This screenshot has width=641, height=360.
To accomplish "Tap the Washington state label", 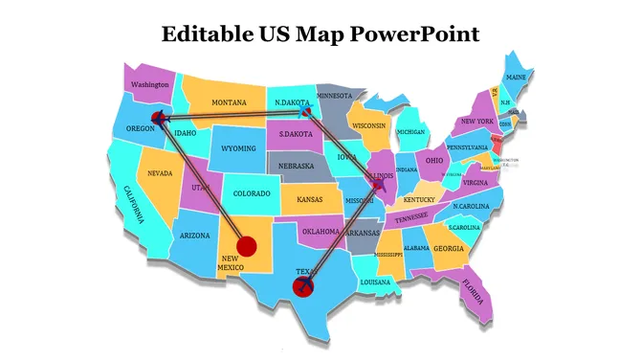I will (150, 84).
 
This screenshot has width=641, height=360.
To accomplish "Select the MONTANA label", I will (229, 102).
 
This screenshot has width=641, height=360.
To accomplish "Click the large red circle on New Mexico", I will (247, 246).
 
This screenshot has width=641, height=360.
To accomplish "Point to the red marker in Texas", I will (304, 285).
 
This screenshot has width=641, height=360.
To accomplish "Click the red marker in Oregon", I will (161, 119).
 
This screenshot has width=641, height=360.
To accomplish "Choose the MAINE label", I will (516, 77).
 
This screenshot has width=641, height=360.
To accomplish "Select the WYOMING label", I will (238, 148).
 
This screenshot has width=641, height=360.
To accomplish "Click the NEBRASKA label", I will (297, 166).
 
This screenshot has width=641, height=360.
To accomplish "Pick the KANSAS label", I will (309, 199).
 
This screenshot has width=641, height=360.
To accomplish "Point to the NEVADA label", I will (160, 173).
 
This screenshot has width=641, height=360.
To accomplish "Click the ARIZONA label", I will (194, 236).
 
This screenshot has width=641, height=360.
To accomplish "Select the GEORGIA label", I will (449, 249).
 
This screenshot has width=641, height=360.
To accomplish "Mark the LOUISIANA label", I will (375, 282).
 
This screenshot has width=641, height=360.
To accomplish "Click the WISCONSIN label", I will (368, 125).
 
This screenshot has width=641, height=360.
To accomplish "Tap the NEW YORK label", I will (476, 122).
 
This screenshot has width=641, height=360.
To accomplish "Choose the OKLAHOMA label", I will (320, 231).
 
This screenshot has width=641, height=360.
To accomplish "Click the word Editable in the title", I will (202, 34).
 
